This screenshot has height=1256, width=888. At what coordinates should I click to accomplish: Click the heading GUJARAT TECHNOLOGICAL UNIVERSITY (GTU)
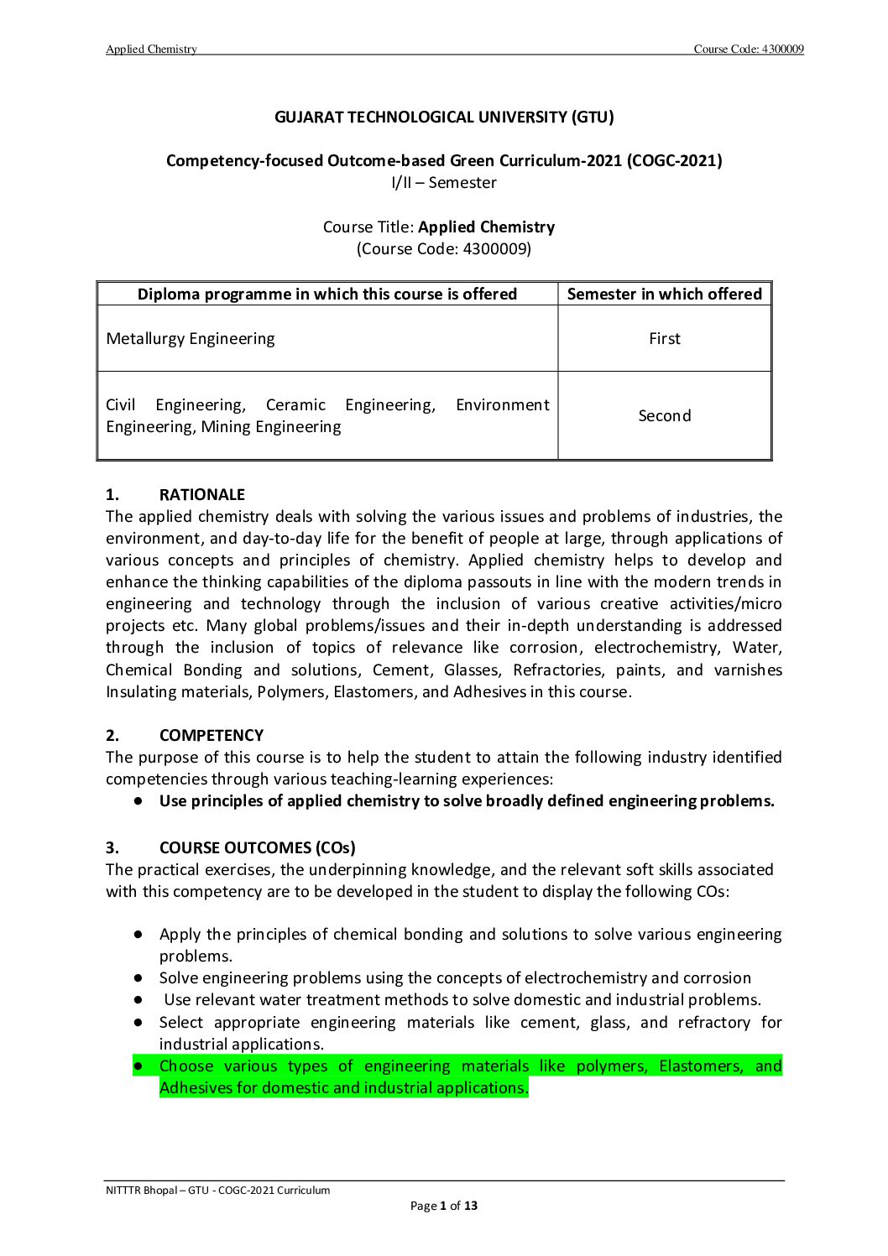point(444,117)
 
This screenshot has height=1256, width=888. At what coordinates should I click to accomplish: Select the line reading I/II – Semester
point(444,183)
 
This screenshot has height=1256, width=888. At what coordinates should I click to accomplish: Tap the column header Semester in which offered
point(664,294)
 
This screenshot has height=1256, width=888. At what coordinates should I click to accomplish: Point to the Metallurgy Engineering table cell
point(191,339)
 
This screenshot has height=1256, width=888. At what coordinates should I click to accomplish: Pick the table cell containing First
point(664,339)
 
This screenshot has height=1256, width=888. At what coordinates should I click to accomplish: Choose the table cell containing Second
point(664,416)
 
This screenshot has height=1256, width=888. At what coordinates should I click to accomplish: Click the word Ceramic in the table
point(295,405)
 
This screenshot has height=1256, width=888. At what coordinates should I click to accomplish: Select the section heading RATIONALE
point(201,495)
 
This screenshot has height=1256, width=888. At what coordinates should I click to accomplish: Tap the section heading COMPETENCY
point(211,736)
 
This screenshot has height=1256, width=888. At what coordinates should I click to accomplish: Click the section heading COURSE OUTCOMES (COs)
point(257,848)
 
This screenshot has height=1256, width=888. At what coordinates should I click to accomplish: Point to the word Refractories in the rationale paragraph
point(557,670)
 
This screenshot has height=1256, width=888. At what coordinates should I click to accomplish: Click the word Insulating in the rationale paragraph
point(136,692)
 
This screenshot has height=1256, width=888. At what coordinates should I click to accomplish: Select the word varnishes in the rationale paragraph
point(748,670)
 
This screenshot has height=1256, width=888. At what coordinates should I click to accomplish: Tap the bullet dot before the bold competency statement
point(137,801)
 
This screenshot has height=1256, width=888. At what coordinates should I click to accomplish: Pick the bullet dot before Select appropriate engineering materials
point(137,1023)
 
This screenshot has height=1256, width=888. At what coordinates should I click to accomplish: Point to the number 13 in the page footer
point(471,1206)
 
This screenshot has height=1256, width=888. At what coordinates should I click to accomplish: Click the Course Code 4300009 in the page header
point(749,50)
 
